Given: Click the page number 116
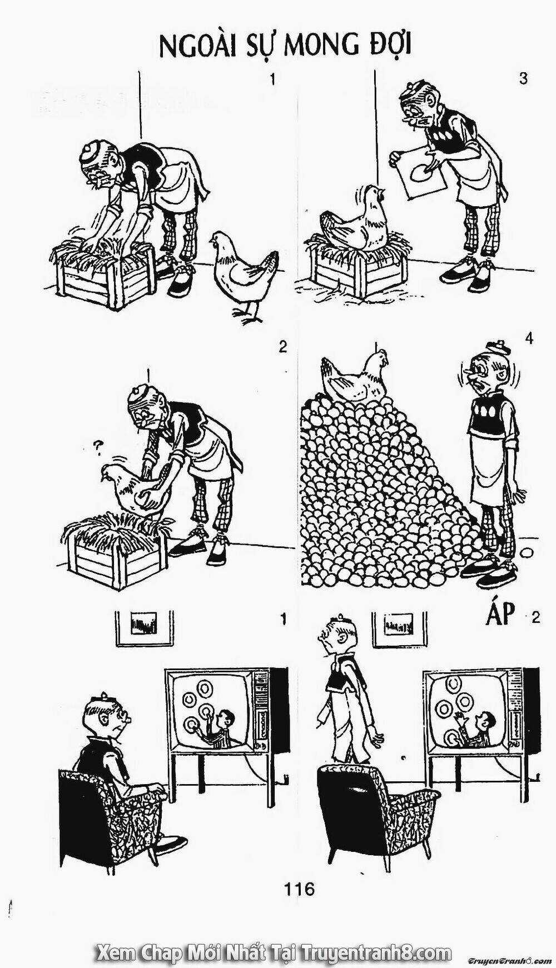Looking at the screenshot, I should click(299, 889).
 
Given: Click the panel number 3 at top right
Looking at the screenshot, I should click(523, 79).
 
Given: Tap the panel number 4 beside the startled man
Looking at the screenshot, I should click(528, 338).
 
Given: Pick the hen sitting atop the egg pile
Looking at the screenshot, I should click(354, 377).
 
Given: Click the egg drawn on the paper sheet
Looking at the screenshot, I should click(418, 174).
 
